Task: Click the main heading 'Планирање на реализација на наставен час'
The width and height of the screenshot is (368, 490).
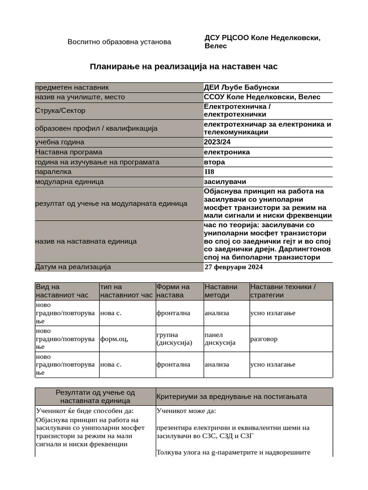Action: pos(184,67)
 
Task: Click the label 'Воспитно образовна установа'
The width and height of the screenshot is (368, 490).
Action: pos(119,42)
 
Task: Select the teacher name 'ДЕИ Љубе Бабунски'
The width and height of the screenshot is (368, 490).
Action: pos(241,87)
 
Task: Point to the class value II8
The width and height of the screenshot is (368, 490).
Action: pos(210,172)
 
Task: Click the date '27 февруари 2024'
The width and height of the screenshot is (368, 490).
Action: pos(233,267)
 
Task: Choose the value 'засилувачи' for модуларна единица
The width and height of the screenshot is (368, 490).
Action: pos(225,182)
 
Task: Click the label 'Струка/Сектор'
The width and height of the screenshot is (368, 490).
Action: pos(60,111)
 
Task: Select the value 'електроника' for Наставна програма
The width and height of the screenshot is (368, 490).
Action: pos(227,152)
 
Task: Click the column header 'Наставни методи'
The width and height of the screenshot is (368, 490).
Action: pos(221,291)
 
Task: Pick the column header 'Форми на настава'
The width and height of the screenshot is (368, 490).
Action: pos(173,291)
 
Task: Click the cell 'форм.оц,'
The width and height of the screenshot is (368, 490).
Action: pos(114,339)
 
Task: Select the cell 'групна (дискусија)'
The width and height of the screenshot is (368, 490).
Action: pos(173,339)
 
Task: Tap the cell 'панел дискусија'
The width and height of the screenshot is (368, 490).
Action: pos(220,339)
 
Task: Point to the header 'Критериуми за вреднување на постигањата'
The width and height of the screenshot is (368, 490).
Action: pos(231,397)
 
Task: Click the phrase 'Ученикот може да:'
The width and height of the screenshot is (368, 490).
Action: pos(186,411)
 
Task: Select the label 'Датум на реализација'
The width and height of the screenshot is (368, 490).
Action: pos(73,267)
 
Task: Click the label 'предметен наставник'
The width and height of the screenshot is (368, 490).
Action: pos(72,87)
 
